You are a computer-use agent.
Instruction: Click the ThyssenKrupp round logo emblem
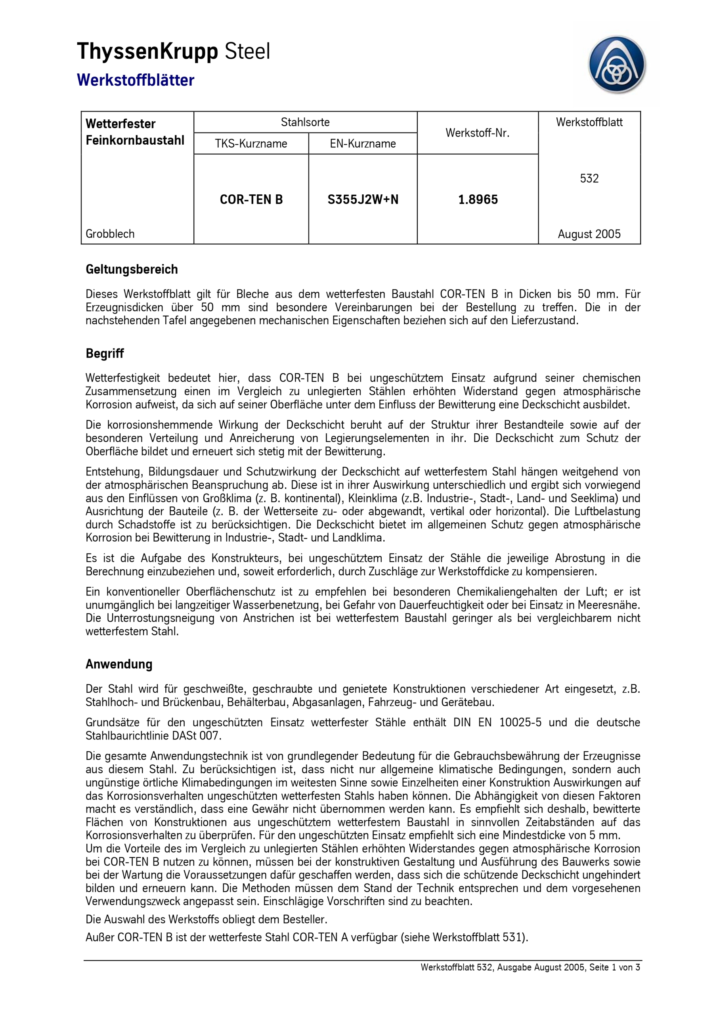tap(617, 65)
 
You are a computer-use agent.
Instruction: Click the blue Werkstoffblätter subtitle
tap(135, 80)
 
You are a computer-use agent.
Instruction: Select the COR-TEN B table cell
tap(251, 199)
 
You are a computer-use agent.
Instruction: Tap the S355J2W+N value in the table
tap(363, 199)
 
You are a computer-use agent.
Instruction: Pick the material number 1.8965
tap(478, 199)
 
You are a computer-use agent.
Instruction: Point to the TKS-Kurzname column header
tap(251, 144)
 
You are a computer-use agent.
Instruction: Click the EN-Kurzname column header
tap(363, 144)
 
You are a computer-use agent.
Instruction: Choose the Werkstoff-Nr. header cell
tap(478, 132)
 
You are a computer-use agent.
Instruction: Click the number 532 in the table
tap(589, 178)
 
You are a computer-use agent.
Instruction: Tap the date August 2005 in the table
tap(589, 234)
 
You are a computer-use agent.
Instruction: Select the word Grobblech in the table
tap(110, 234)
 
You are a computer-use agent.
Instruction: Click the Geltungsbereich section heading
tap(132, 269)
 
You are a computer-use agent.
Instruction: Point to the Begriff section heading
tap(105, 353)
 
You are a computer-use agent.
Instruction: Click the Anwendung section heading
tap(119, 664)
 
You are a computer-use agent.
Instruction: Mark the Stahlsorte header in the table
tap(305, 122)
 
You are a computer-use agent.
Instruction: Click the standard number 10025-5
tap(520, 722)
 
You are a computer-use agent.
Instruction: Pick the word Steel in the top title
tap(248, 51)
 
